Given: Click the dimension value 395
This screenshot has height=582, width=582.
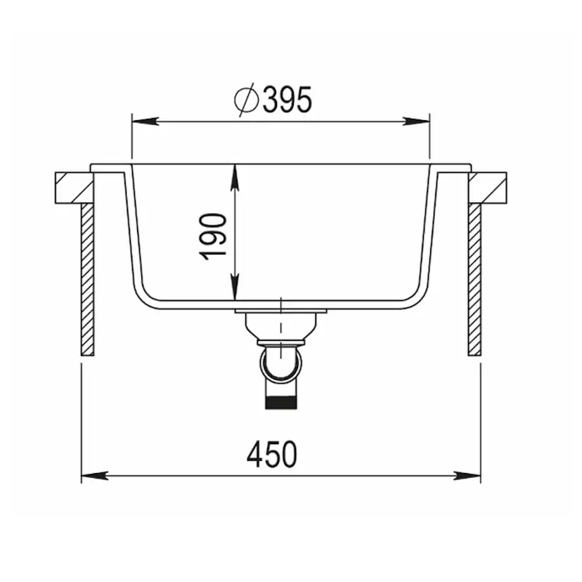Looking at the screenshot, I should coord(287,101).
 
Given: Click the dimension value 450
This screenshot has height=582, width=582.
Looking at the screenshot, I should coord(272,455).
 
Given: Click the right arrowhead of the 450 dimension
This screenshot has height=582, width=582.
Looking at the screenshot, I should coord(472,476).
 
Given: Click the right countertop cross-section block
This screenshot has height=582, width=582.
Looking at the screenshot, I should coord(489,188).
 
